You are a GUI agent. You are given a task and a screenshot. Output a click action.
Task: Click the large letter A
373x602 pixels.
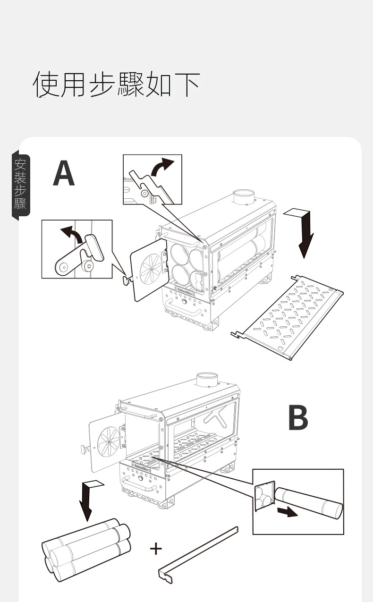64,174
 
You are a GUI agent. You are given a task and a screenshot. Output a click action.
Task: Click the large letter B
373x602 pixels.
298,417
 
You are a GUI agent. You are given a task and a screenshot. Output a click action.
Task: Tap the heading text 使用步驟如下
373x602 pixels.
116,85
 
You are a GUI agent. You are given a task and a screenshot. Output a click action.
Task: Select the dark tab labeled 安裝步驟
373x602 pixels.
21,185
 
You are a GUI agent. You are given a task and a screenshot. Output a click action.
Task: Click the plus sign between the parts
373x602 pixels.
156,548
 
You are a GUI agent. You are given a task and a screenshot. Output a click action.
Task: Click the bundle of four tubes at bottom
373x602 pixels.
86,550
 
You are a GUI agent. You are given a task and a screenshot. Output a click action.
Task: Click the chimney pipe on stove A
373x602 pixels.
244,197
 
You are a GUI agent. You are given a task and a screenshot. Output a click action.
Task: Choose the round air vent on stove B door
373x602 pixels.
110,441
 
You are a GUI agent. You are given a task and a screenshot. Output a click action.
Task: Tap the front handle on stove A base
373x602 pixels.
193,311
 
